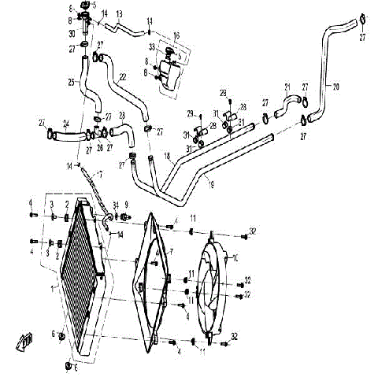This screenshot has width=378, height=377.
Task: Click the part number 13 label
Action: (119, 15)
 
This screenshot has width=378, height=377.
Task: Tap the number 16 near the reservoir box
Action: (176, 36)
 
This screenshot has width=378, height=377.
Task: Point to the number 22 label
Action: (123, 76)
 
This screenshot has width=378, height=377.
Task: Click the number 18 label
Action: (167, 157)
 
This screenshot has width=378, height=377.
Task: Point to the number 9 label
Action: (124, 205)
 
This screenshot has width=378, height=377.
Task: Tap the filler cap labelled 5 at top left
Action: (83, 9)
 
